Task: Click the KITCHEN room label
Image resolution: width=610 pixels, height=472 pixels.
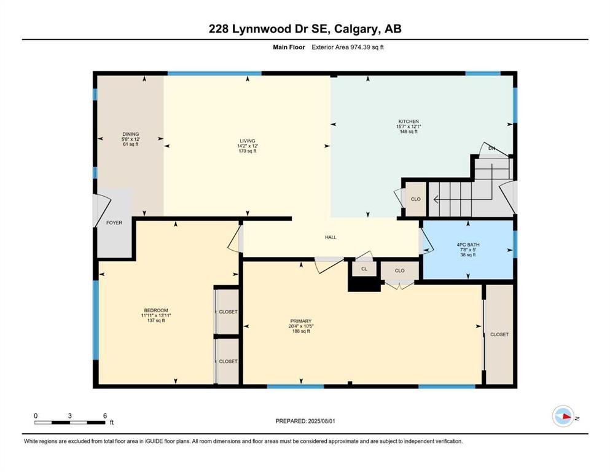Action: point(408,122)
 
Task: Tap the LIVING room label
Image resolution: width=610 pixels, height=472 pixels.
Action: point(248,141)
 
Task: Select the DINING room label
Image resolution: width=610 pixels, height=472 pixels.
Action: point(130,134)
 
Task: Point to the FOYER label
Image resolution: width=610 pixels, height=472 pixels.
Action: point(115,223)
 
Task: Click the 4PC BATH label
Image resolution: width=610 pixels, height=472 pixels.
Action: point(469,245)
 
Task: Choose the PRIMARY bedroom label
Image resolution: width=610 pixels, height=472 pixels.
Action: point(301,321)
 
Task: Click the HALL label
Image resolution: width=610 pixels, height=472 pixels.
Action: point(330,237)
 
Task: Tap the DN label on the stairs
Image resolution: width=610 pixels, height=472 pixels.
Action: point(491,149)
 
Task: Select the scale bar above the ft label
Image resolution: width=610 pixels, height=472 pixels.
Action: point(70,422)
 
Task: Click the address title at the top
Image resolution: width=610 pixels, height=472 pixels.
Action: point(305,29)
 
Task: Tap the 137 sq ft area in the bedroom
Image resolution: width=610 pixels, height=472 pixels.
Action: point(156,321)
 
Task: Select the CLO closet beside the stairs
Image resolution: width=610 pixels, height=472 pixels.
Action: point(415,199)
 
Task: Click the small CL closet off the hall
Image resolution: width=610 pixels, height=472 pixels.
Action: point(364,269)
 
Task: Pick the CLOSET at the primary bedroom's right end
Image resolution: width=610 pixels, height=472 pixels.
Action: point(499,334)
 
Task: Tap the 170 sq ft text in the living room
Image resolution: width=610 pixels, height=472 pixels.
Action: point(248,151)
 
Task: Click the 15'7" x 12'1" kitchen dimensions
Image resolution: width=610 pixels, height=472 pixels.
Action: point(408,127)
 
